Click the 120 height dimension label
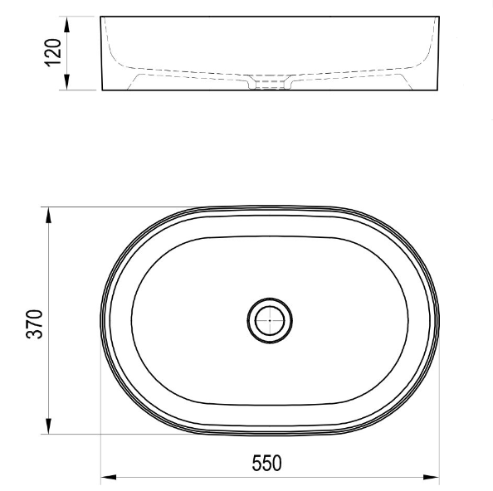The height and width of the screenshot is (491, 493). (53, 52)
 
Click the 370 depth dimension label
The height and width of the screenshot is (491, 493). (34, 324)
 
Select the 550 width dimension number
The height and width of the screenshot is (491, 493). (267, 463)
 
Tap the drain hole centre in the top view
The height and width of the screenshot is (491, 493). (270, 320)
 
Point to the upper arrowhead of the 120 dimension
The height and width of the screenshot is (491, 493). (66, 25)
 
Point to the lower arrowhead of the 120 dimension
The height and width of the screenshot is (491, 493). (66, 81)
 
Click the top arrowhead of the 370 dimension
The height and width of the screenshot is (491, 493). (48, 215)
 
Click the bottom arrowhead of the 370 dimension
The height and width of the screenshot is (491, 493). (48, 426)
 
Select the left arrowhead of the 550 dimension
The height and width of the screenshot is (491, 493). (109, 478)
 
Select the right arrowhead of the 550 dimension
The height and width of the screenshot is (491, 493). (431, 478)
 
